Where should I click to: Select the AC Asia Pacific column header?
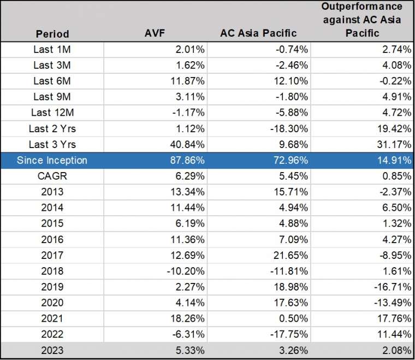(x=258, y=34)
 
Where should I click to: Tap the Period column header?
(x=52, y=34)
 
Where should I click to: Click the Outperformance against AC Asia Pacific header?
(x=361, y=20)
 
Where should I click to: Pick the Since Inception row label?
(x=52, y=161)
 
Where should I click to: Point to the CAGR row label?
(x=52, y=176)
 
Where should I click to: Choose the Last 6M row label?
(x=52, y=81)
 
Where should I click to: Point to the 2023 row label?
(x=52, y=350)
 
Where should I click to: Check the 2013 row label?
(x=52, y=192)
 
